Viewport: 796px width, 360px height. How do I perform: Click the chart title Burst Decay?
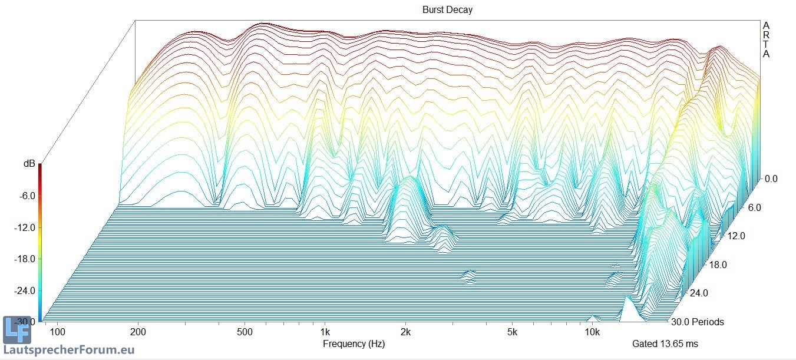447,9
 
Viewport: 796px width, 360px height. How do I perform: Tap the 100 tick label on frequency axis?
58,332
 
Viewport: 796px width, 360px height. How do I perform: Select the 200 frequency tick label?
138,332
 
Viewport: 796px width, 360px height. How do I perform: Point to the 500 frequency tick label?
245,332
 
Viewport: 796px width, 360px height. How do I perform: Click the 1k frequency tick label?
325,332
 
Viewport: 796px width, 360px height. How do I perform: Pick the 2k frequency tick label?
405,332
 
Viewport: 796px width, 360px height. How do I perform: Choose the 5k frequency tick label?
512,332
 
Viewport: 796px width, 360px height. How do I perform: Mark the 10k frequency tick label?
593,332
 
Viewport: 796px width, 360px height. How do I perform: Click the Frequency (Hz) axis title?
354,344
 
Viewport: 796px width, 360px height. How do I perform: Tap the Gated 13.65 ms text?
665,344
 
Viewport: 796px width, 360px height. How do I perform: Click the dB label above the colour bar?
29,164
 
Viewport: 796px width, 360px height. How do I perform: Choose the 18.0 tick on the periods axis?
717,265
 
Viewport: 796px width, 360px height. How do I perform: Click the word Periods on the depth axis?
708,322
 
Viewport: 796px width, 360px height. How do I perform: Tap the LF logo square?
16,331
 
